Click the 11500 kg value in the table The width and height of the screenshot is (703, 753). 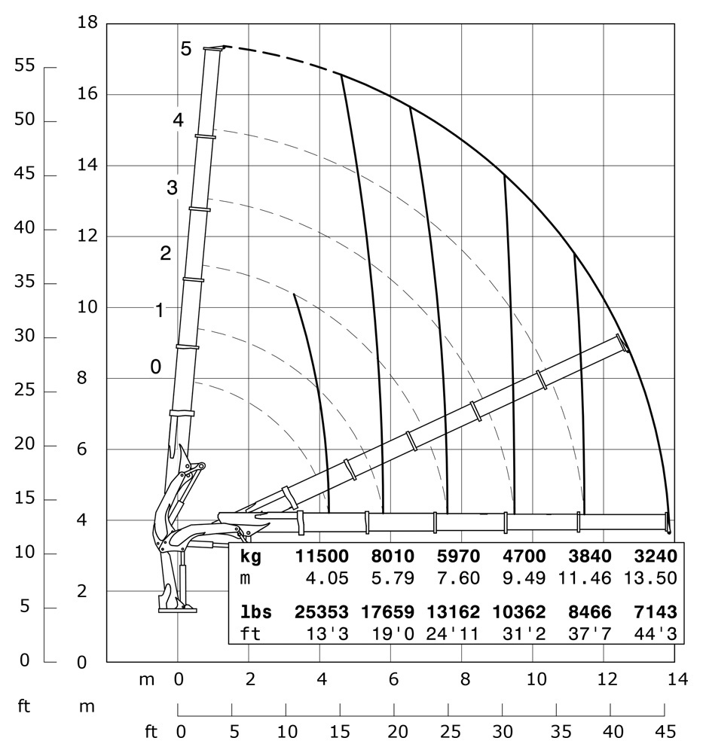[x=322, y=557]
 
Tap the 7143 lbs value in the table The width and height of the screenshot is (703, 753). [x=651, y=612]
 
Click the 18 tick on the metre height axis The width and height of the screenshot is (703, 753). [x=88, y=23]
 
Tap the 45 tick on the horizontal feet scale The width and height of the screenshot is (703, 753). [x=665, y=730]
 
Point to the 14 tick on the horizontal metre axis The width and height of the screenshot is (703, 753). [x=677, y=680]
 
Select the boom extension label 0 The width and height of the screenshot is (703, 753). [x=156, y=367]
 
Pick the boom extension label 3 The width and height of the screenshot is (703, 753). [x=172, y=188]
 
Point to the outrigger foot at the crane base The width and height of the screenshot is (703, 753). [x=173, y=605]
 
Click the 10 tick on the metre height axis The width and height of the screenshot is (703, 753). [x=88, y=307]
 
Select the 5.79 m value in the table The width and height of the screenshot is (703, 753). [x=390, y=578]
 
